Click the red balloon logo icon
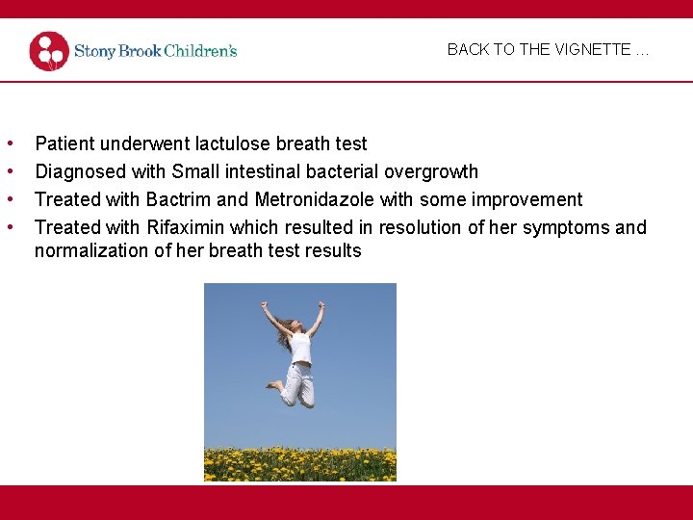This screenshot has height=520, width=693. point(49,51)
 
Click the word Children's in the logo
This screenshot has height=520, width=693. point(200,51)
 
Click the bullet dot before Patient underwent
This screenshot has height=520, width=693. point(10,143)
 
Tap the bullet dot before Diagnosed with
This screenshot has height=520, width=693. point(10,171)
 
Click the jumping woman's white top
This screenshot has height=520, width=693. point(300,347)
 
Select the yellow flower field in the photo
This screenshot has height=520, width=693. point(299,463)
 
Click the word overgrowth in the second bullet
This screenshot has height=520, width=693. point(430,171)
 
